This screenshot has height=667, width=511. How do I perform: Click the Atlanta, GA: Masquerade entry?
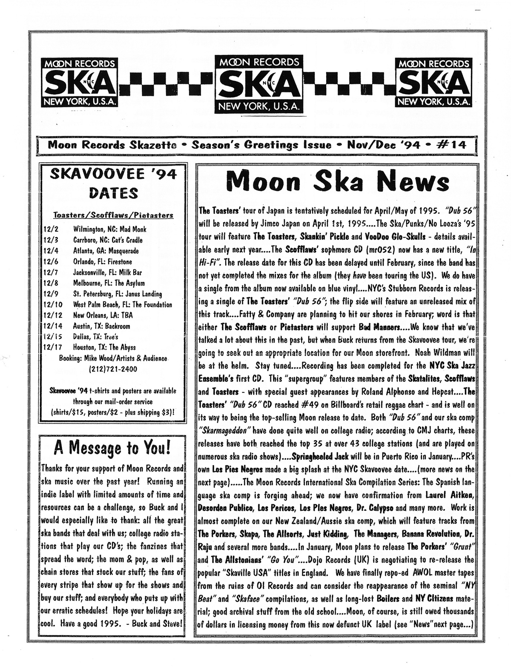(x=106, y=251)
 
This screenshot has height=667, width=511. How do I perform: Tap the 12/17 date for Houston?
(x=51, y=348)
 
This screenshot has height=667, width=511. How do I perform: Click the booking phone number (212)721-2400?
(x=113, y=369)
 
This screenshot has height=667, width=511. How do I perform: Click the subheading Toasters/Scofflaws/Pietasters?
(x=113, y=215)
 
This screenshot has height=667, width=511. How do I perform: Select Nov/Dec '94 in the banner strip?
(x=381, y=144)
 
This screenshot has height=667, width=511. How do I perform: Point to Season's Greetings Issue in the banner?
(x=262, y=144)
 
